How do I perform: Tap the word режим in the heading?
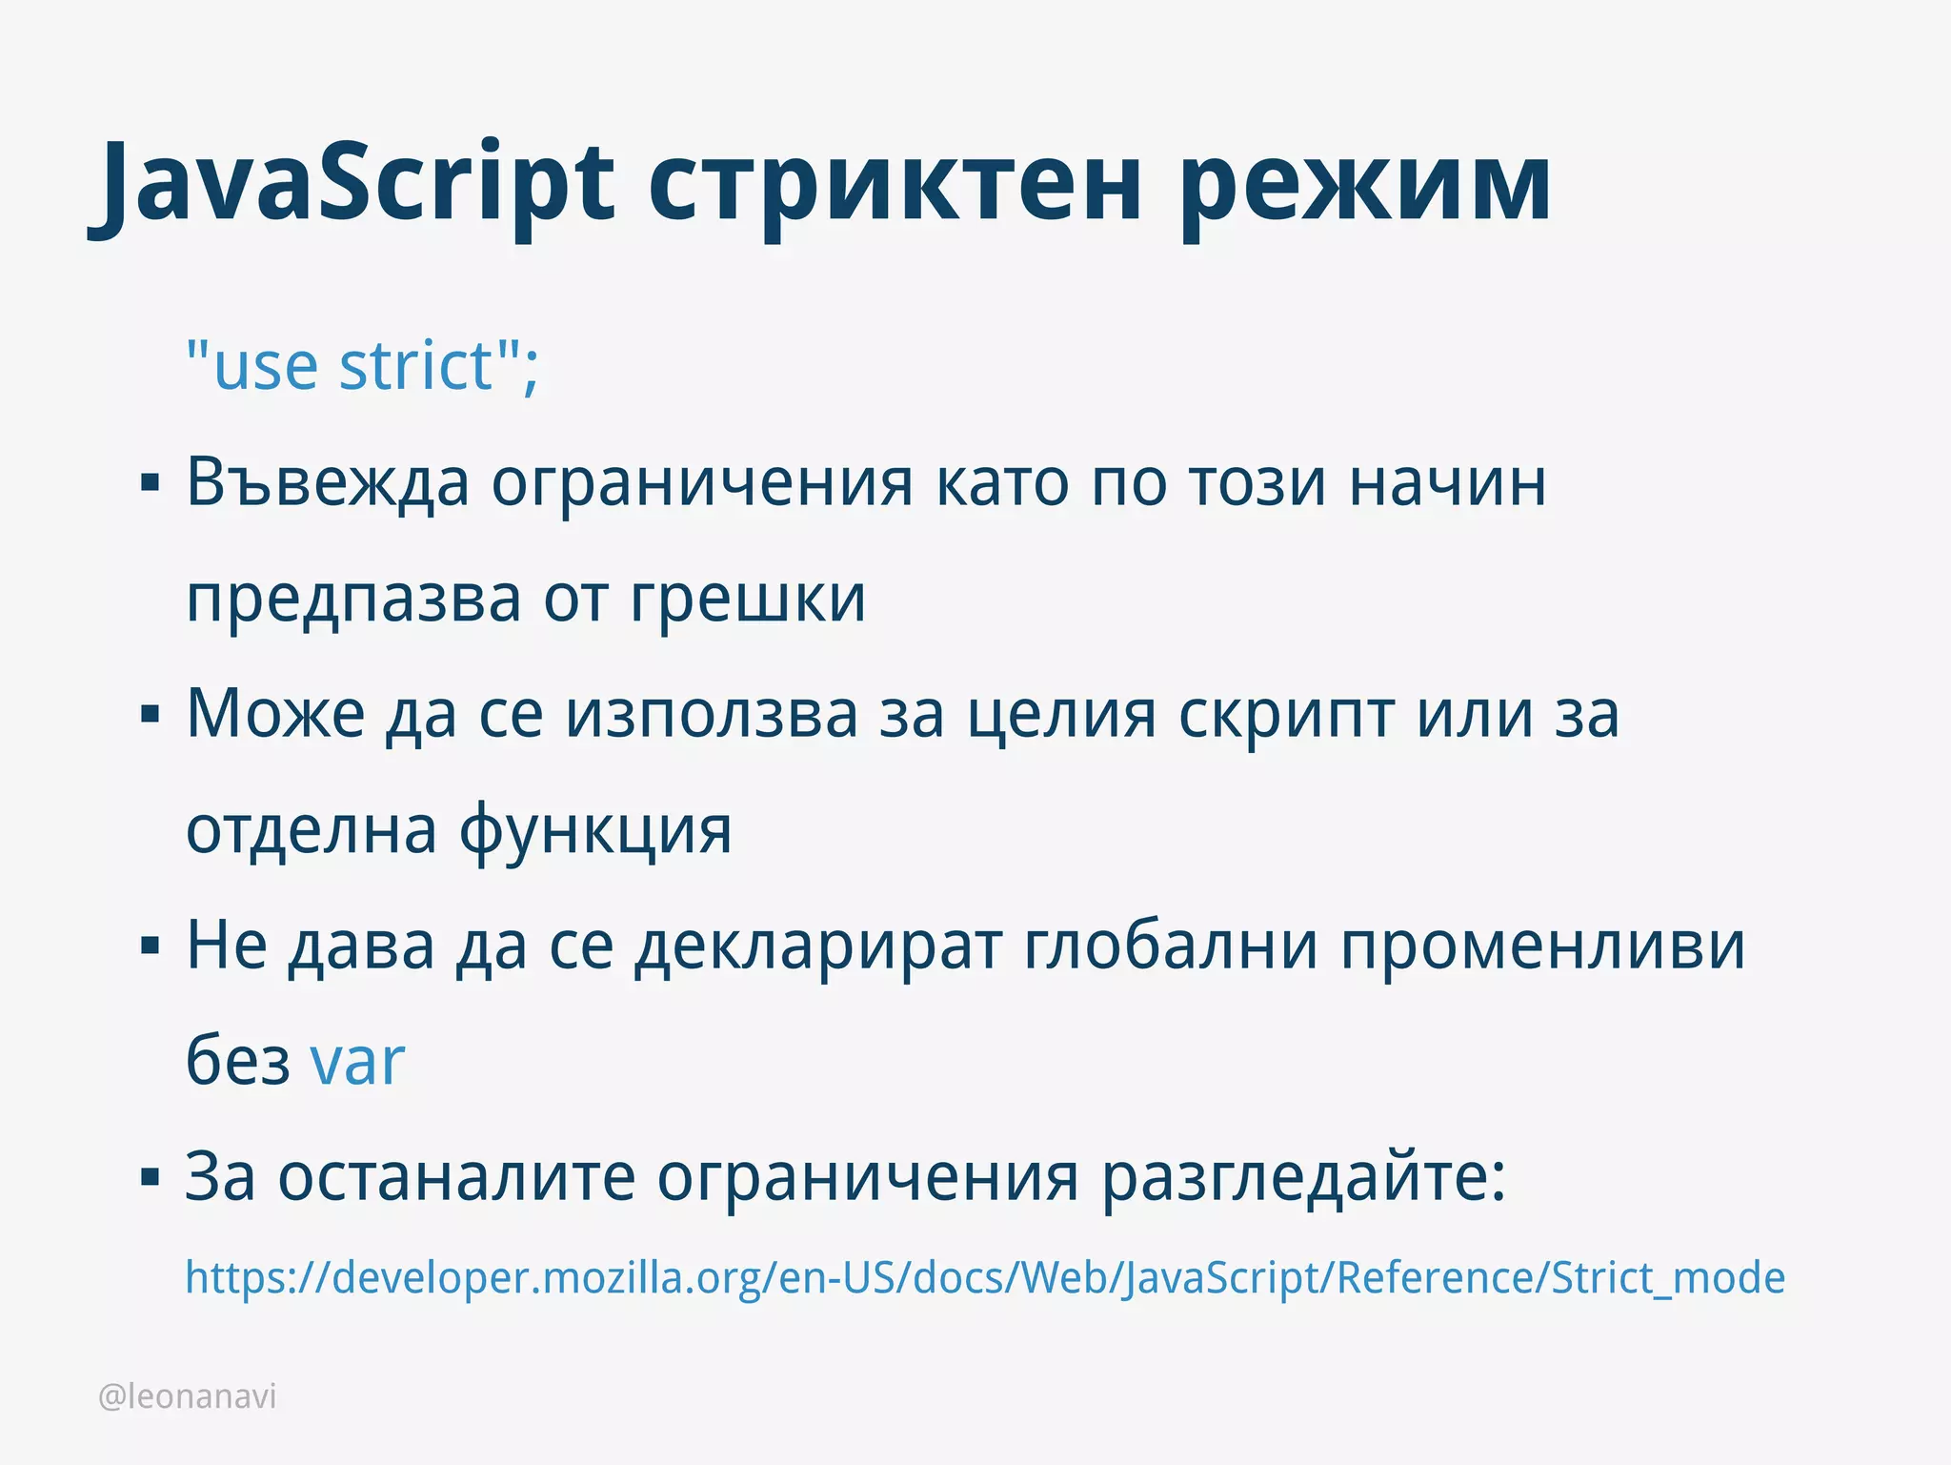pos(1365,186)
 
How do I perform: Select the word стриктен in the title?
pos(895,186)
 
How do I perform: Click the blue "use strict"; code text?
pos(363,366)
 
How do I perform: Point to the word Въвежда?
pos(328,483)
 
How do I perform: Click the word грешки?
pos(748,600)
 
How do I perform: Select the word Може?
pos(275,714)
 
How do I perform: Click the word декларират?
pos(818,947)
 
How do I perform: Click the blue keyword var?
pos(357,1062)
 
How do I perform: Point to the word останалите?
pos(456,1178)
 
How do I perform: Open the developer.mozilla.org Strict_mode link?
pos(984,1278)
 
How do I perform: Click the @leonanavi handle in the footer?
pos(188,1396)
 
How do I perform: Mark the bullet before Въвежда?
pos(150,484)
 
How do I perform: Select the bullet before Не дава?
pos(150,946)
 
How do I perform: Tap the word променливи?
pos(1543,947)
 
